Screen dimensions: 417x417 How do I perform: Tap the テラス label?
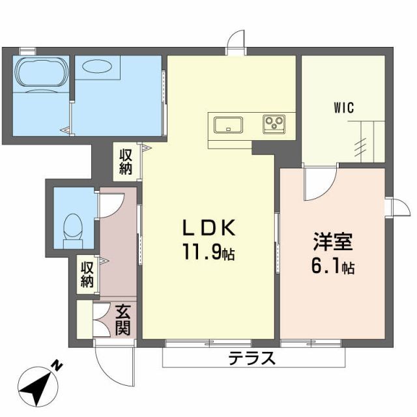252,358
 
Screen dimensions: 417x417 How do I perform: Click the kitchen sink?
227,123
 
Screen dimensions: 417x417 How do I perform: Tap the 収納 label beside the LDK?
126,162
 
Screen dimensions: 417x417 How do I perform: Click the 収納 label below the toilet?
87,274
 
